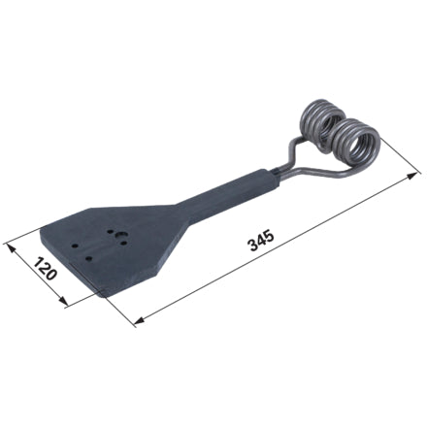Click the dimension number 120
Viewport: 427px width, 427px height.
point(46,269)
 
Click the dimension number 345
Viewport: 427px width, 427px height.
point(261,241)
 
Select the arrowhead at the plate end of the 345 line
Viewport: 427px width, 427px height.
point(140,320)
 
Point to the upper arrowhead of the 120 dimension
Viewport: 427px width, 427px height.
point(11,248)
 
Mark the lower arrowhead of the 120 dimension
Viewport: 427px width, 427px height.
point(63,301)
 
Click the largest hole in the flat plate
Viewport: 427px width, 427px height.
point(122,235)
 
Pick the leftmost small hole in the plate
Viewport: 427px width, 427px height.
point(75,246)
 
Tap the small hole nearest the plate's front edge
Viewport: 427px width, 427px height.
point(88,259)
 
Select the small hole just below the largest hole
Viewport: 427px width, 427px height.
point(123,243)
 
